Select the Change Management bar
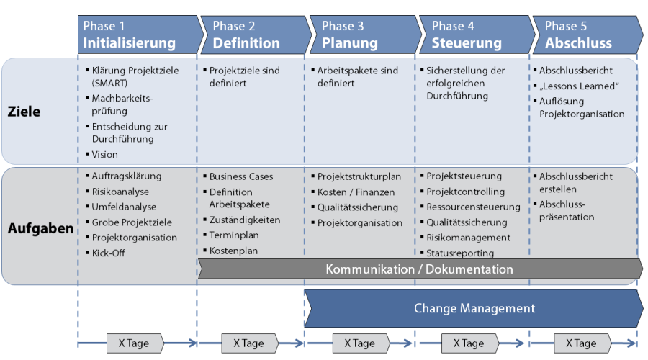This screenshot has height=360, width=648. tap(474, 308)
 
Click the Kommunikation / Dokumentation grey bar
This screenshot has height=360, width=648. tap(419, 269)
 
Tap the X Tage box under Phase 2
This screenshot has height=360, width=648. tap(246, 343)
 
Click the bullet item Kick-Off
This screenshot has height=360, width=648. tap(108, 253)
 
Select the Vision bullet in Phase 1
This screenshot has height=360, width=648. tap(104, 154)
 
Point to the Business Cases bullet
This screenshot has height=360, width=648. tap(241, 176)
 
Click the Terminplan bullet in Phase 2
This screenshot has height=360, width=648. tap(234, 235)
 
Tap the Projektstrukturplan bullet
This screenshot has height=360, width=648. tap(359, 176)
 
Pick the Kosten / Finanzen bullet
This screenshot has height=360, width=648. tap(356, 192)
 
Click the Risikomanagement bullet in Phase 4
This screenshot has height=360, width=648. tap(468, 238)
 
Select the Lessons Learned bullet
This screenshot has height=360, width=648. tap(579, 86)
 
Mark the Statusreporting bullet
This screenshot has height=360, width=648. tap(460, 253)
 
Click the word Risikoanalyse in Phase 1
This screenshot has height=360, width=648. tap(120, 192)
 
